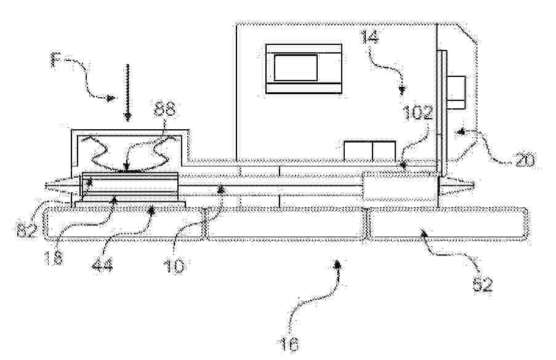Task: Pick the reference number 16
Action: tap(296, 337)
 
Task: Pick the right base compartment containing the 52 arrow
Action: tap(448, 225)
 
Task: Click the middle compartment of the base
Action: tap(286, 224)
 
